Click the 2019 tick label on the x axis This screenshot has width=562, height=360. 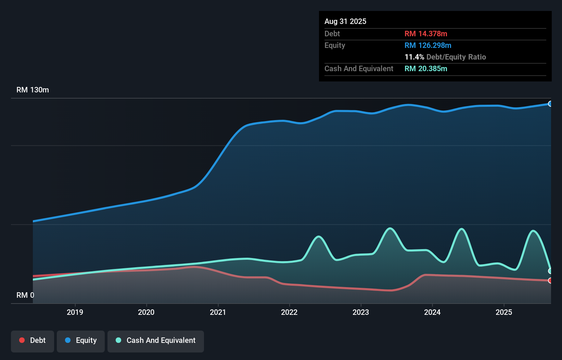pos(75,312)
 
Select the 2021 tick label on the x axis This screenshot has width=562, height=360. pos(218,312)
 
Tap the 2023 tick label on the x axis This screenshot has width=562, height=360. pos(361,312)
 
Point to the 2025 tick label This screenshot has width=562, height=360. pos(504,312)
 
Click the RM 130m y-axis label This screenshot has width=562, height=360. pos(33,90)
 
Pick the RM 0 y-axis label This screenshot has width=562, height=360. pos(25,295)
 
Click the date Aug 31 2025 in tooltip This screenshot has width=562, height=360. pos(345,22)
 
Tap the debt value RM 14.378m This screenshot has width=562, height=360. pos(426,34)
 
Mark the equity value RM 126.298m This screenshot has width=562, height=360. pos(428,46)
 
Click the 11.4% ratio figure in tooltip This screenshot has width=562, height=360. pos(414,57)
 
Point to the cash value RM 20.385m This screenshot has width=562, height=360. pos(426,69)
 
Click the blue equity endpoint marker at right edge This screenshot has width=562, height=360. pos(550,104)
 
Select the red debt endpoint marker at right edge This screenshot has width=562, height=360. pos(550,281)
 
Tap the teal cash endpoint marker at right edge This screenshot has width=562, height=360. pos(550,271)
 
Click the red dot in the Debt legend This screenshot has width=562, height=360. pos(22,340)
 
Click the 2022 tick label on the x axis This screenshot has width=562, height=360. pos(289,312)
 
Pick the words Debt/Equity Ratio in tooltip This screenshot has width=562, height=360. pos(456,57)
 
